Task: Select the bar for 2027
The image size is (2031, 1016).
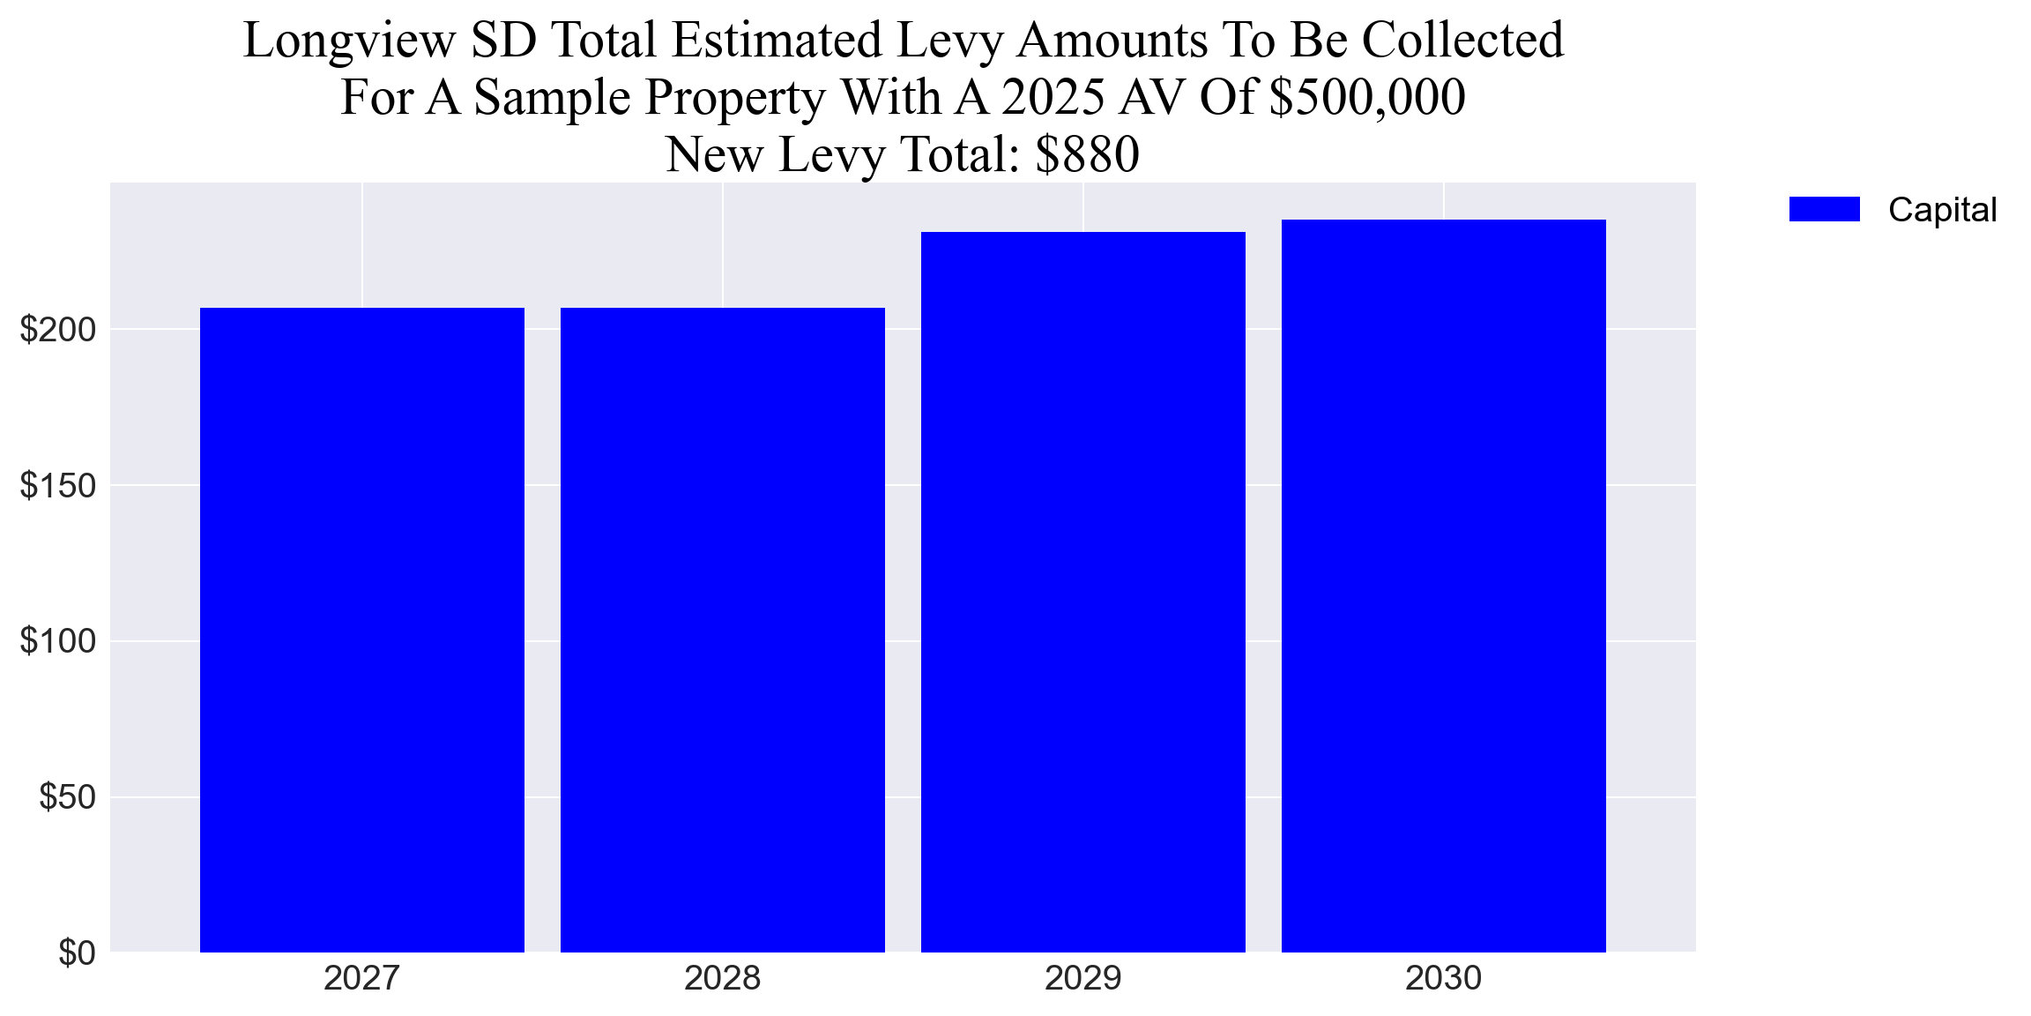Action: click(x=362, y=630)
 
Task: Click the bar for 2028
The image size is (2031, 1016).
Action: click(x=723, y=630)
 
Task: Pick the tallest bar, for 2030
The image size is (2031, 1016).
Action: click(x=1444, y=586)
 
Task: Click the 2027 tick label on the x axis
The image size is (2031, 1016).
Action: click(x=362, y=978)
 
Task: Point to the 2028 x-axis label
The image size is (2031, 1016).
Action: click(x=723, y=978)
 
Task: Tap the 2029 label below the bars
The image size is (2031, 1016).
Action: click(x=1083, y=978)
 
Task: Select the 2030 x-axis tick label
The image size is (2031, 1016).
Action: click(x=1444, y=978)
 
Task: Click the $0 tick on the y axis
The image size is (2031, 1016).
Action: click(x=77, y=952)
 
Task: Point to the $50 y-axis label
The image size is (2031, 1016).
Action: click(x=67, y=797)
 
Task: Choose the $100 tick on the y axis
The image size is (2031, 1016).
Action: click(x=58, y=641)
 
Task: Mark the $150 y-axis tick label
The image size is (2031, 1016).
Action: click(x=58, y=485)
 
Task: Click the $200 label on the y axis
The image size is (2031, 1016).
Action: click(x=58, y=330)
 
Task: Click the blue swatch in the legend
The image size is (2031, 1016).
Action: click(x=1824, y=209)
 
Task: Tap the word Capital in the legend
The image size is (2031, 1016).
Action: click(x=1942, y=210)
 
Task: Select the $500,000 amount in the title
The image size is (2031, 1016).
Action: click(x=1366, y=97)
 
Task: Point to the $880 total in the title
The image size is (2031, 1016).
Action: click(x=1087, y=154)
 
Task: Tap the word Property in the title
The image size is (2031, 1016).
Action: click(x=733, y=98)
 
